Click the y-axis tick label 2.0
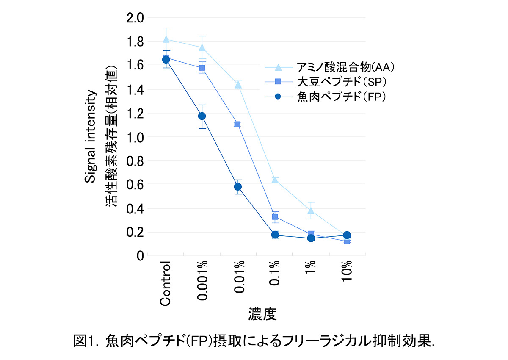(x=135, y=18)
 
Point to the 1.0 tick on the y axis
(x=135, y=137)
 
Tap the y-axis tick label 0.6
(x=135, y=185)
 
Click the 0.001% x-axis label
(x=202, y=281)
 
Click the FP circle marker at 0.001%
(x=202, y=116)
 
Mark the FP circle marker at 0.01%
(x=238, y=186)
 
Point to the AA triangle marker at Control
(x=166, y=39)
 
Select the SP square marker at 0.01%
(x=237, y=124)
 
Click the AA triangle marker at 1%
(x=311, y=210)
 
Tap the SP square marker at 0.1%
(x=275, y=217)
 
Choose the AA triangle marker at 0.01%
(x=238, y=84)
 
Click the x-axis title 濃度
(x=262, y=314)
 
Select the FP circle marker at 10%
(x=347, y=235)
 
